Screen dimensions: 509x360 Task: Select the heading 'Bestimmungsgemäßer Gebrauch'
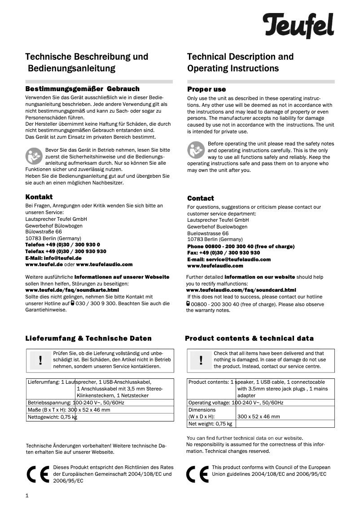[82, 89]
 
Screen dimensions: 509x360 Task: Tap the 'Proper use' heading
[206, 89]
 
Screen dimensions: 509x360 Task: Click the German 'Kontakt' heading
[39, 197]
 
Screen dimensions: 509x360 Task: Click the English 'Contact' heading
[201, 198]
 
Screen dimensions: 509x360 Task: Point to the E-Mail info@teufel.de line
[53, 258]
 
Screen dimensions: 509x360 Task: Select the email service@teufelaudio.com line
[229, 259]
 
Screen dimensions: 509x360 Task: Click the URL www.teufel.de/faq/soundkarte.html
[66, 290]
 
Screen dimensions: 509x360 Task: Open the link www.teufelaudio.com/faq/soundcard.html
[241, 290]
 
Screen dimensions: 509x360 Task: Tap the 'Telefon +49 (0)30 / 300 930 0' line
[60, 245]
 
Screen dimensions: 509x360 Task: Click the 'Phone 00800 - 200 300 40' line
[241, 246]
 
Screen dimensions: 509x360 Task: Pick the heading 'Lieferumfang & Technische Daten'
[88, 338]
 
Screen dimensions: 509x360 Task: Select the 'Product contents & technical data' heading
[249, 338]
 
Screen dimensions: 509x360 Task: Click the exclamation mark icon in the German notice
[40, 360]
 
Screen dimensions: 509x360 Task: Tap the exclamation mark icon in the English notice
[201, 360]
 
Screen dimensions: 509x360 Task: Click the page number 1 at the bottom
[27, 496]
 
